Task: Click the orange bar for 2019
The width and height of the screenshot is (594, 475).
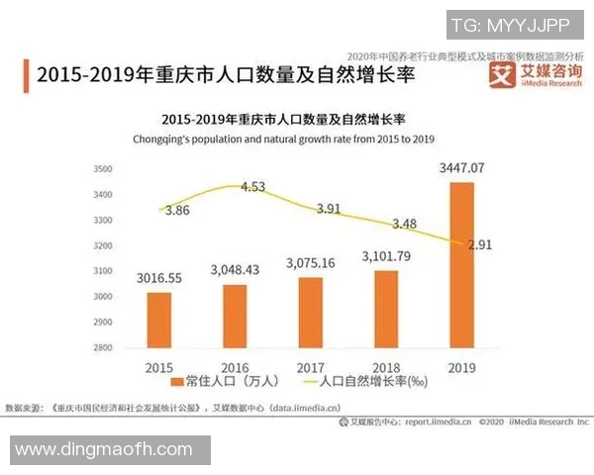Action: coord(460,264)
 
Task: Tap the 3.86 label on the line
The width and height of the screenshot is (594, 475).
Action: coord(178,211)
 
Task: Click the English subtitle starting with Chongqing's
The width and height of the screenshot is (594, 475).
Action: coord(285,140)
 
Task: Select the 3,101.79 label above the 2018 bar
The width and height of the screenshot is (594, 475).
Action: coord(387,260)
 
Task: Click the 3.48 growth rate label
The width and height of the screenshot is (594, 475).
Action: coord(404,224)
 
